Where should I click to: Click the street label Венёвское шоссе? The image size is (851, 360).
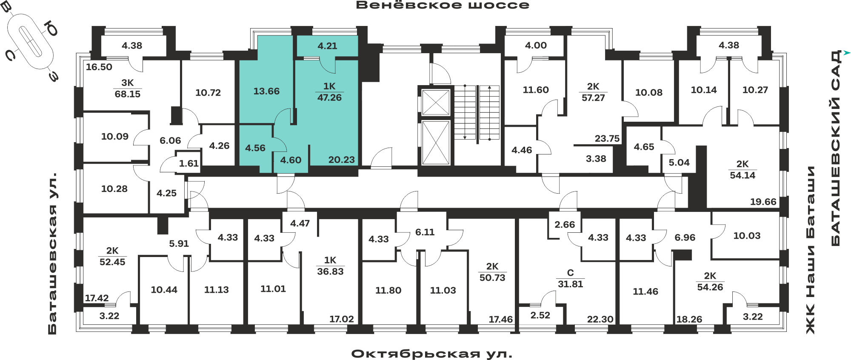click(x=443, y=5)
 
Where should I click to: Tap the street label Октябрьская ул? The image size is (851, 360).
click(x=432, y=354)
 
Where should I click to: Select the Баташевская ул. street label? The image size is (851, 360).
click(x=52, y=253)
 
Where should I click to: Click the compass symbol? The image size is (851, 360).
click(x=31, y=41)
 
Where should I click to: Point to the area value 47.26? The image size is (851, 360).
click(x=329, y=97)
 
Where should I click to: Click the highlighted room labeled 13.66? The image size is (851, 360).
click(x=266, y=91)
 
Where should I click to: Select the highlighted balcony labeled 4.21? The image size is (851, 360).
click(x=327, y=46)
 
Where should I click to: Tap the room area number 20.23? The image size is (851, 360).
click(x=341, y=160)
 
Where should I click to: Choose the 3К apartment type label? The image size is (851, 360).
click(x=127, y=83)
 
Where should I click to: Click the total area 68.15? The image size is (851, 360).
click(x=127, y=94)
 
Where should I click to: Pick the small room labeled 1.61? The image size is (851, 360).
click(x=188, y=163)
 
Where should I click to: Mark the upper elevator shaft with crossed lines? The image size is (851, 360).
click(x=435, y=103)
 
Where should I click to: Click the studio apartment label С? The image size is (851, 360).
click(x=570, y=273)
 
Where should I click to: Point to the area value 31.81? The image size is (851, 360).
click(x=570, y=284)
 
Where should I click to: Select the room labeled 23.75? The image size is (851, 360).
click(x=607, y=139)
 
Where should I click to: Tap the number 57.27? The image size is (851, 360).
click(x=593, y=98)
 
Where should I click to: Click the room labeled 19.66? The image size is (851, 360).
click(x=763, y=202)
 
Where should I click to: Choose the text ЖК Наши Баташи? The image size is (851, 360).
click(x=811, y=250)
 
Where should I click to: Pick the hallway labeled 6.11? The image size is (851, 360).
click(x=425, y=232)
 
